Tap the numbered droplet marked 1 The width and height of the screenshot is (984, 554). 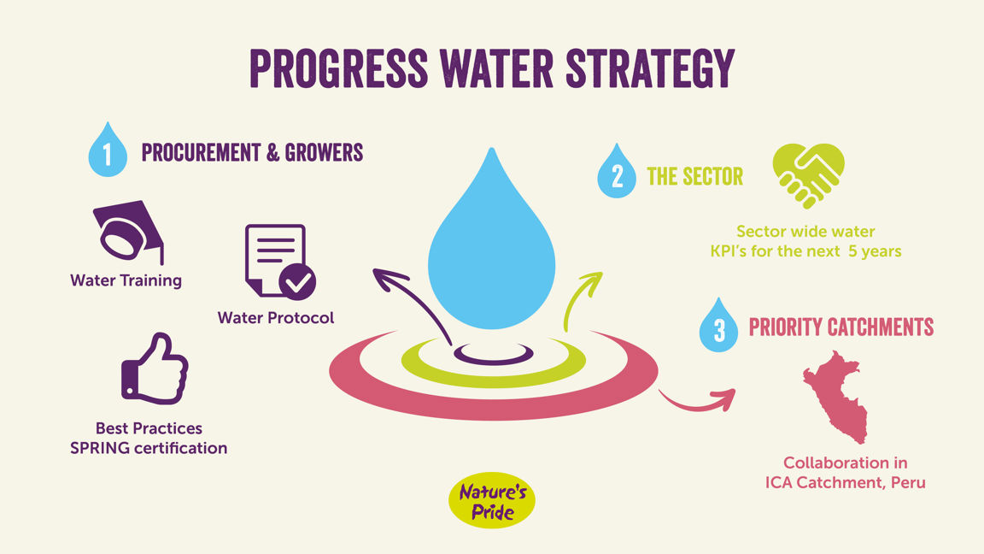click(x=108, y=151)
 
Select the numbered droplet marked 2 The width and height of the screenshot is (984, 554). click(x=616, y=173)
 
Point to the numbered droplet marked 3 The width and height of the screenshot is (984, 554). click(x=718, y=327)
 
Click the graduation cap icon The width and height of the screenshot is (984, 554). click(x=129, y=231)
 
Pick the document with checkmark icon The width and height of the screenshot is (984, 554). click(x=280, y=261)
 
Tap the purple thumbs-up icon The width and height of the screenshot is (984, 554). click(x=155, y=369)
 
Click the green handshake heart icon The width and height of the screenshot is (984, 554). click(x=808, y=175)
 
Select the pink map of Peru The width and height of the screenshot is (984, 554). click(x=836, y=397)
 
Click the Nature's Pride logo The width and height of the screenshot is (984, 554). click(x=492, y=501)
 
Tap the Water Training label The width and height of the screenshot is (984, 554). click(x=126, y=280)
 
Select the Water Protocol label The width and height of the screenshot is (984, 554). click(x=276, y=318)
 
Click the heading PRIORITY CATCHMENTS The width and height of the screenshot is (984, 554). click(x=840, y=327)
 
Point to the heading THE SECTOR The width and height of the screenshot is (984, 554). click(x=694, y=176)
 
